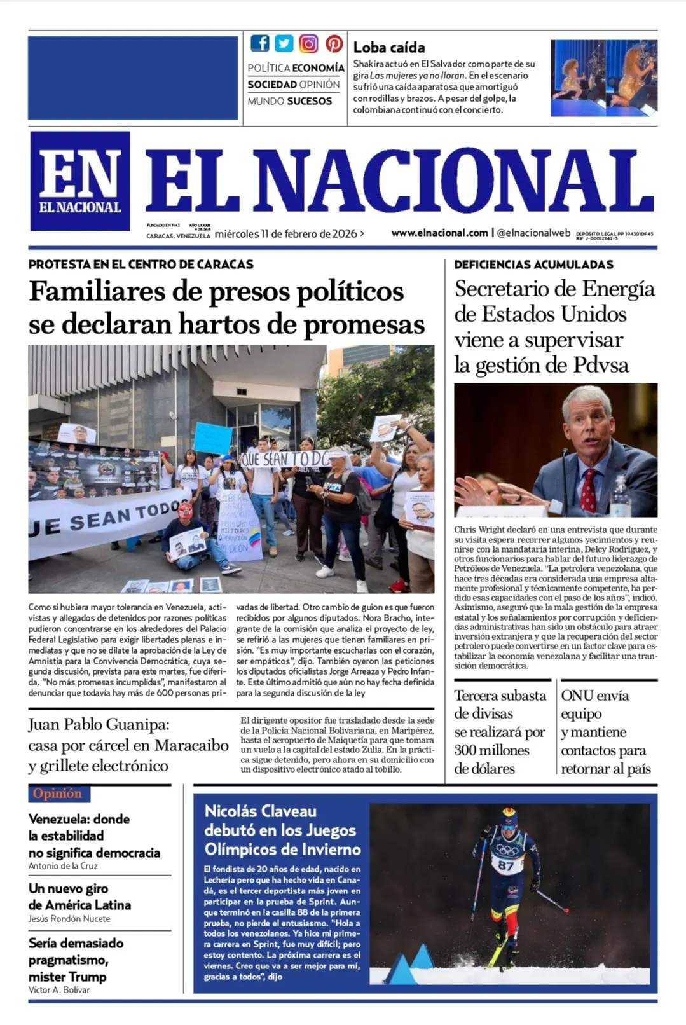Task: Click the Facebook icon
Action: click(x=259, y=43)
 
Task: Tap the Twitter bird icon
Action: click(x=284, y=43)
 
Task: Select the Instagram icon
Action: click(x=308, y=43)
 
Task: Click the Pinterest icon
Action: click(x=334, y=43)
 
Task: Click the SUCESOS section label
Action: click(x=309, y=101)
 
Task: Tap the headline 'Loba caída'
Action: click(x=388, y=47)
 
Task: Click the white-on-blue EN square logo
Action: click(x=80, y=181)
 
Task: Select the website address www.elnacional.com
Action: click(x=439, y=233)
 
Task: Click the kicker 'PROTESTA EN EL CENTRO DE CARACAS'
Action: click(x=141, y=265)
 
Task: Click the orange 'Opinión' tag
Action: click(x=57, y=794)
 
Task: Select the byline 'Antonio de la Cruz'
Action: click(x=63, y=866)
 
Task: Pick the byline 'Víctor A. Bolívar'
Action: click(x=59, y=990)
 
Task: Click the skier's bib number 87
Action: click(x=506, y=865)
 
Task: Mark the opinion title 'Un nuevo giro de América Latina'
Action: click(x=79, y=897)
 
